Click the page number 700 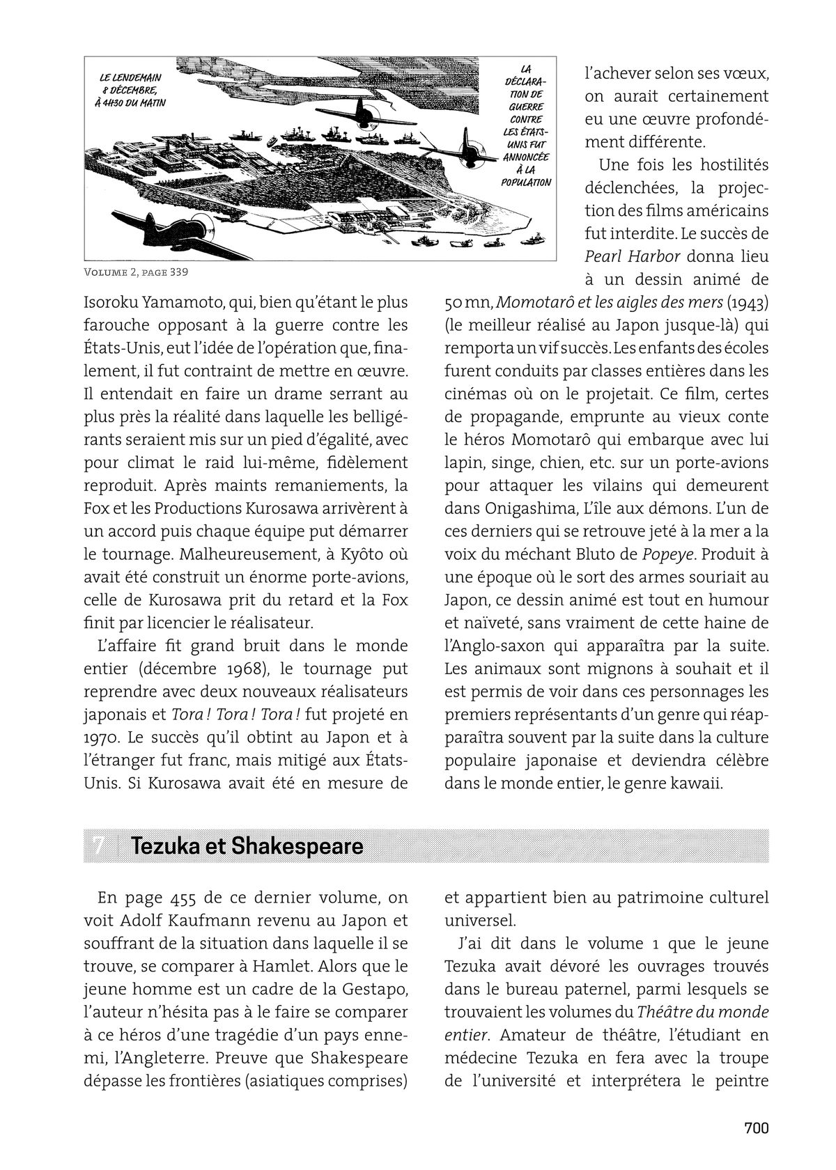756,1128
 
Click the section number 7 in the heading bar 99,846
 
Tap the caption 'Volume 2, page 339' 136,272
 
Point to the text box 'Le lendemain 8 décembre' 134,89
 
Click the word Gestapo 376,989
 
